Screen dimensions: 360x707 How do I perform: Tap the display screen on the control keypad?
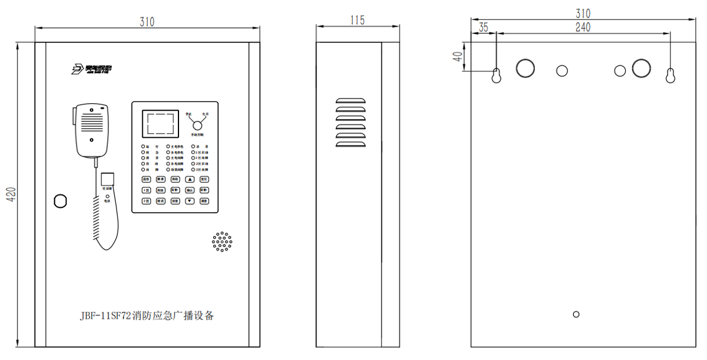point(160,125)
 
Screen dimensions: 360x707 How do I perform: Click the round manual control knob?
point(197,125)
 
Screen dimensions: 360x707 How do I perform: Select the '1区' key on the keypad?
point(146,190)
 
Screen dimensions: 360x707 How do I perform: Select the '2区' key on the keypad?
point(146,201)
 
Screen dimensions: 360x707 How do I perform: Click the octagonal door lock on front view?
point(60,201)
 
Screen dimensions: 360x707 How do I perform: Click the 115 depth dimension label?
point(358,20)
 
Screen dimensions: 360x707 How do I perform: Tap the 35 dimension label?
point(484,27)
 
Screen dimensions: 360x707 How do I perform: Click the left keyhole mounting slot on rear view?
point(496,75)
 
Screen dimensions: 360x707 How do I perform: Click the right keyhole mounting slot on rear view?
point(670,75)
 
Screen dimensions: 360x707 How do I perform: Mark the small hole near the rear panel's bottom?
point(575,314)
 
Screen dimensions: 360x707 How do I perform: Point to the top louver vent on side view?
point(351,101)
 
